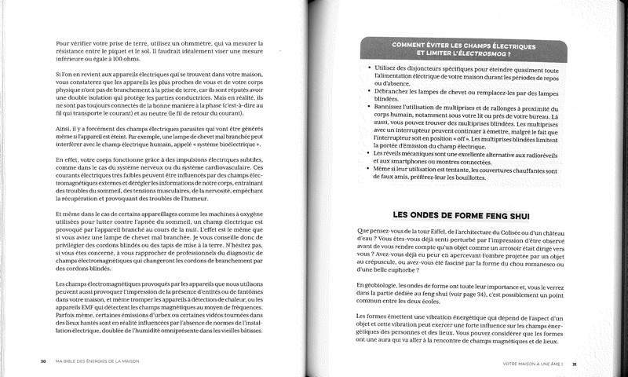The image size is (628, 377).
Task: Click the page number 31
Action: click(576, 363)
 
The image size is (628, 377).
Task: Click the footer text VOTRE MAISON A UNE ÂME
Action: click(529, 363)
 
